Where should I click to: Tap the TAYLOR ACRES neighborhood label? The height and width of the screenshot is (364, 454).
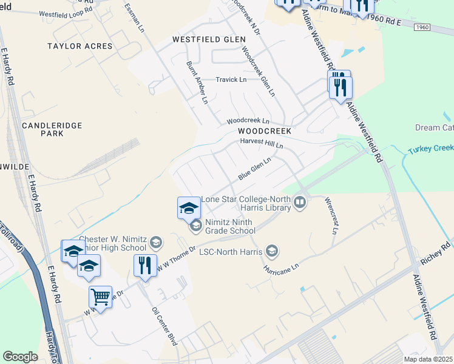tap(80, 46)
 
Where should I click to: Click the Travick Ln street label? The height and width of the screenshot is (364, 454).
tap(231, 79)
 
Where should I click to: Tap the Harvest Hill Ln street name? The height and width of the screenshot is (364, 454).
tap(262, 143)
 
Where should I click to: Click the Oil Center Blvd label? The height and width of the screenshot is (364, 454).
tap(164, 326)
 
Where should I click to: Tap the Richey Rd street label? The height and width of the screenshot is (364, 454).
tap(436, 253)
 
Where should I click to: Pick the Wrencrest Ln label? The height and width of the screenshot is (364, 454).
tap(331, 215)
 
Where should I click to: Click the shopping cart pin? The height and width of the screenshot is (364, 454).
tap(100, 297)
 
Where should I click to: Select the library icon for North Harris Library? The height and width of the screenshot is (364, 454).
tap(299, 202)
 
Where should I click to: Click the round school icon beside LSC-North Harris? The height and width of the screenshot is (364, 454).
tap(272, 250)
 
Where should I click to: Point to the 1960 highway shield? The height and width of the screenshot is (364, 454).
tap(424, 27)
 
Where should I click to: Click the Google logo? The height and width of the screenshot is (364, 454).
tap(21, 357)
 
